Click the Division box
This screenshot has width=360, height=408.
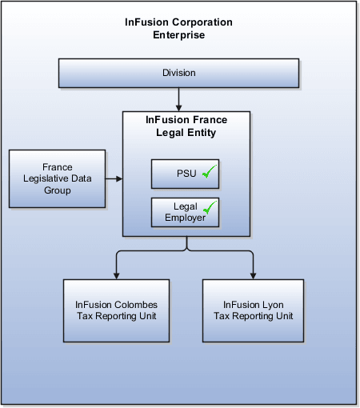pos(178,73)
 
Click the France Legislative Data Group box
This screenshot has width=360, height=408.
pos(57,179)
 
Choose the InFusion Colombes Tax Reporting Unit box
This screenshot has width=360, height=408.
pos(116,310)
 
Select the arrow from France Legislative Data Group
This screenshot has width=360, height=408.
pos(114,179)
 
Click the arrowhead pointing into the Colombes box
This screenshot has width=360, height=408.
pos(116,275)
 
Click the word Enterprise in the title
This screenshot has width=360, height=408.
pos(178,35)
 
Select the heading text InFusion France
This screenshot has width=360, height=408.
pos(186,120)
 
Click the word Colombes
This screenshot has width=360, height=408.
pos(137,305)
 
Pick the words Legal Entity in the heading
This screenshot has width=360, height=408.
pos(186,132)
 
